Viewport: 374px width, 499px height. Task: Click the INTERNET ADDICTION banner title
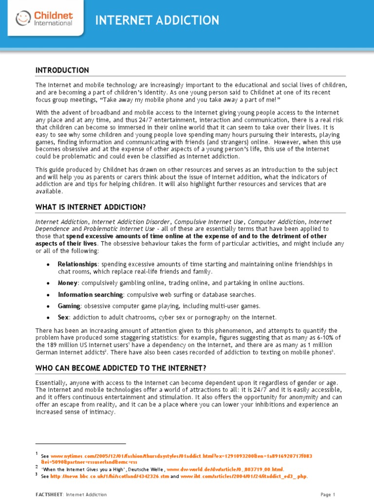coord(157,20)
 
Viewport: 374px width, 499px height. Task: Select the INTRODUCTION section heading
coord(62,70)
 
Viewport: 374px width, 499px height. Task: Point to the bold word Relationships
coord(74,264)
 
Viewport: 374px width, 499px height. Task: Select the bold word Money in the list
coord(68,283)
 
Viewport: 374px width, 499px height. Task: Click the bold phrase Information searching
coord(90,294)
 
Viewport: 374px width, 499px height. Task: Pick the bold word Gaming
coord(69,306)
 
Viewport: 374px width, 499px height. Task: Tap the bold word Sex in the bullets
coord(63,317)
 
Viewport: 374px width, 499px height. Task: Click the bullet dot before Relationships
coord(48,264)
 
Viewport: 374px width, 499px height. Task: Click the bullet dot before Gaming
coord(48,307)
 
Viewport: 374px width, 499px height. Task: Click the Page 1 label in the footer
coord(328,495)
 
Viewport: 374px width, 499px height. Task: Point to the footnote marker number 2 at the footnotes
coord(37,466)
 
